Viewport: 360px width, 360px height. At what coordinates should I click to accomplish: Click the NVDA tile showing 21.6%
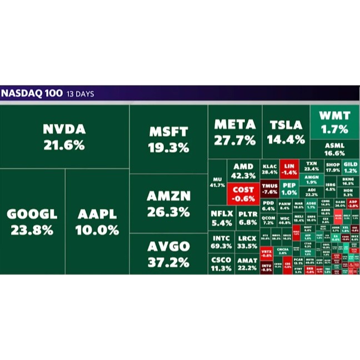click(64, 137)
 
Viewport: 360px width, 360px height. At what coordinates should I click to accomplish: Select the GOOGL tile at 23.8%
click(32, 221)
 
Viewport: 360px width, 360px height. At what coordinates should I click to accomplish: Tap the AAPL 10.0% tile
click(97, 221)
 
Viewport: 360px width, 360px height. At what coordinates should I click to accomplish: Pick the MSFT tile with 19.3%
click(168, 139)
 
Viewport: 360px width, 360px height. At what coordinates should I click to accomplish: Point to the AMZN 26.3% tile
click(168, 203)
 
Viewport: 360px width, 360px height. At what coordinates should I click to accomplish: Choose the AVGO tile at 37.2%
click(168, 253)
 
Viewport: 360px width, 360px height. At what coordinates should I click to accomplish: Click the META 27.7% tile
click(235, 132)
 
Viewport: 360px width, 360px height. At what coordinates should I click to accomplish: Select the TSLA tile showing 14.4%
click(286, 132)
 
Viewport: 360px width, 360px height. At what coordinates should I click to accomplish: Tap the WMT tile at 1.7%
click(334, 122)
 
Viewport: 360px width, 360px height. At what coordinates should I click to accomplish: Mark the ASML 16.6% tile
click(334, 149)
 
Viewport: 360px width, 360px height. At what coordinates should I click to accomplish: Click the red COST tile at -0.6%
click(243, 193)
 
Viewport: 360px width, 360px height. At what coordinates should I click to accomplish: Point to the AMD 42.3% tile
click(243, 171)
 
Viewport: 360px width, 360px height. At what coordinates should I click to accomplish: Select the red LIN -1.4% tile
click(288, 169)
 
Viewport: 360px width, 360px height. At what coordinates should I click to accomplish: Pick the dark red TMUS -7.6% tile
click(269, 189)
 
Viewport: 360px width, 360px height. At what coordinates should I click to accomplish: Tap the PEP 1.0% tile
click(289, 189)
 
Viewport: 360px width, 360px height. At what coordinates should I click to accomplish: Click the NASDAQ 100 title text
click(31, 93)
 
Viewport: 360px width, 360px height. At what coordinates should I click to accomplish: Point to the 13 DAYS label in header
click(80, 94)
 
